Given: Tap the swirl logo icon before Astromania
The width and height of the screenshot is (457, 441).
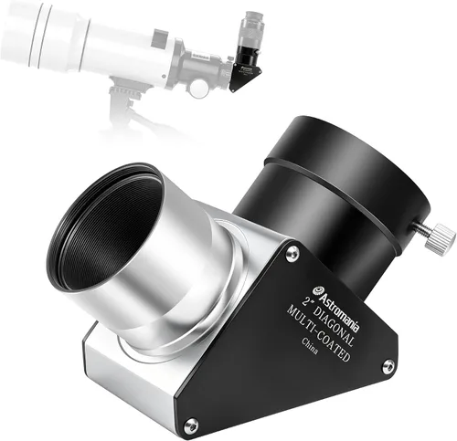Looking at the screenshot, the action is pyautogui.click(x=317, y=290).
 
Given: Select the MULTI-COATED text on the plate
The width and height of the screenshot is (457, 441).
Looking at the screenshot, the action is pyautogui.click(x=318, y=334).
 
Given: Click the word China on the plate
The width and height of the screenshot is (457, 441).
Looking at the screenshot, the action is pyautogui.click(x=310, y=346).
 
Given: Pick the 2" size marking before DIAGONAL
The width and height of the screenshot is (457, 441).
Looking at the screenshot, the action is pyautogui.click(x=306, y=301).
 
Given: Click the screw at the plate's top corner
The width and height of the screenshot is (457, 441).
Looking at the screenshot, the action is pyautogui.click(x=292, y=253).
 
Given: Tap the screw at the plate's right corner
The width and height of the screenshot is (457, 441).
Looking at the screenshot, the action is pyautogui.click(x=388, y=367).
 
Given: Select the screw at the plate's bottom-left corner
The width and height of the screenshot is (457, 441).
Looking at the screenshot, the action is pyautogui.click(x=192, y=424).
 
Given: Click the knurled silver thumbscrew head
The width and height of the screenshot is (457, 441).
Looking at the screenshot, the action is pyautogui.click(x=441, y=239).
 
